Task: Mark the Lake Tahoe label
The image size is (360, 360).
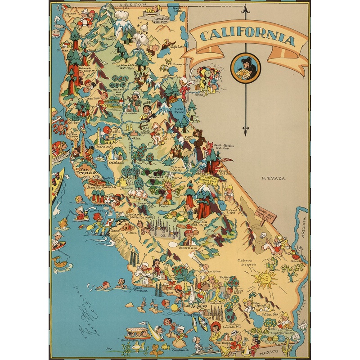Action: (x=180, y=111)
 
